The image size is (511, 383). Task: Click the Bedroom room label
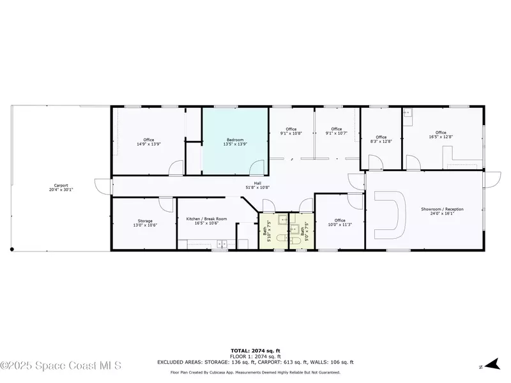tap(234, 142)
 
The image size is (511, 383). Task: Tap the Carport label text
tap(61, 188)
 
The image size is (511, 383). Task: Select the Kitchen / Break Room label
tap(202, 221)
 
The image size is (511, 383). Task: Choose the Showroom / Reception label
tap(442, 211)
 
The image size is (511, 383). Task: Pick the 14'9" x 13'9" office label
tap(149, 142)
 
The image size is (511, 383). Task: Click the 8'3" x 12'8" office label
tap(381, 139)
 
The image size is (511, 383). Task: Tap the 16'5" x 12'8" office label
tap(440, 135)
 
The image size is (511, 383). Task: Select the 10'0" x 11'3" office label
tap(340, 223)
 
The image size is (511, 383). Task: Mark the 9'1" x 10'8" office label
tap(291, 131)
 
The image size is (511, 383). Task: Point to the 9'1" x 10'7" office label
tap(337, 131)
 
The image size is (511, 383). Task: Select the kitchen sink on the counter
tap(222, 243)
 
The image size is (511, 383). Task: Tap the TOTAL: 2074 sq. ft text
tap(255, 350)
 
